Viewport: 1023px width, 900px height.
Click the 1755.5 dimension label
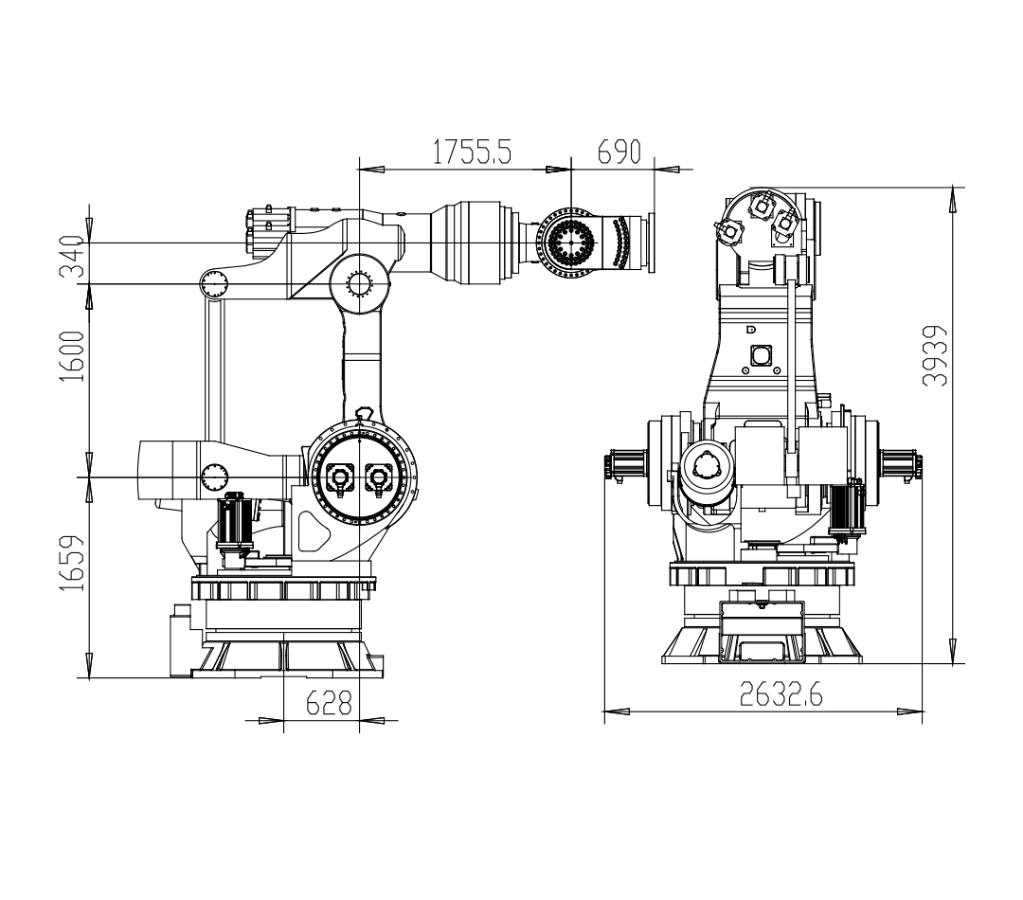pyautogui.click(x=473, y=152)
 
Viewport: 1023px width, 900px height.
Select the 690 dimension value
pyautogui.click(x=619, y=152)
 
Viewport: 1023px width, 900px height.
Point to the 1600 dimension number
pyautogui.click(x=72, y=356)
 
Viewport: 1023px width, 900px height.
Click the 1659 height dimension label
pyautogui.click(x=72, y=564)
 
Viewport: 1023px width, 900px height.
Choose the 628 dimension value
pyautogui.click(x=330, y=703)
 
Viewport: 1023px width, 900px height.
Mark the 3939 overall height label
pyautogui.click(x=935, y=355)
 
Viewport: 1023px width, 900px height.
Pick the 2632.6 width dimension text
pyautogui.click(x=781, y=694)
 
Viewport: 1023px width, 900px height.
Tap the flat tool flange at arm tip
pyautogui.click(x=651, y=243)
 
